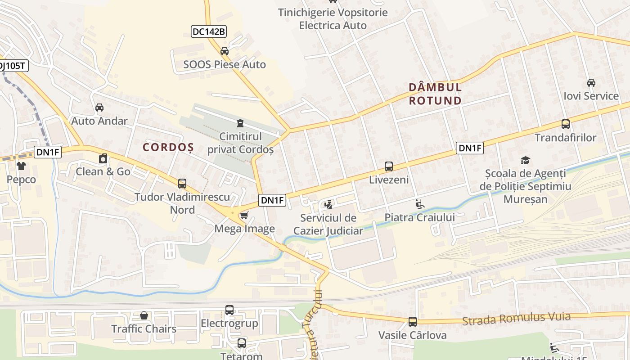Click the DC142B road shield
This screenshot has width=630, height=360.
(209, 31)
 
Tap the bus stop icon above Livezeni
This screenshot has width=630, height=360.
(389, 166)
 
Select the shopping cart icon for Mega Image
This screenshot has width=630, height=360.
(244, 215)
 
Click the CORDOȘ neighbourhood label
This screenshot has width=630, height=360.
(168, 147)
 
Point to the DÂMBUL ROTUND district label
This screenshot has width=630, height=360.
(435, 94)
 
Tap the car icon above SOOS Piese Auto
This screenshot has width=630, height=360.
(225, 51)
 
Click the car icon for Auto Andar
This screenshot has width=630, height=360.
(99, 108)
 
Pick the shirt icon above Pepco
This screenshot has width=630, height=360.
(21, 166)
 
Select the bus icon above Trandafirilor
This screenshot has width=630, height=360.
(566, 124)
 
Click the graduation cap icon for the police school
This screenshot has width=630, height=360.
(525, 160)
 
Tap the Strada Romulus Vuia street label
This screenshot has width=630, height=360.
(517, 319)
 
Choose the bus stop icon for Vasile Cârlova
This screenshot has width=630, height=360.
(413, 322)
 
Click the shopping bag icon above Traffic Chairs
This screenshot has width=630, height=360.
(144, 315)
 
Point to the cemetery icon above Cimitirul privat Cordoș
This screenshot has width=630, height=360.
(240, 123)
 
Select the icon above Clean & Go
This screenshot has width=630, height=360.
(103, 158)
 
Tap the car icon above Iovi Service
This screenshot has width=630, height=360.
(591, 83)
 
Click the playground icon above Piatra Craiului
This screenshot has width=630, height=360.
(419, 204)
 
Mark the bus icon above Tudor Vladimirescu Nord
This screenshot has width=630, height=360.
(182, 184)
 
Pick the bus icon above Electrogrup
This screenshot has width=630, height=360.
(229, 310)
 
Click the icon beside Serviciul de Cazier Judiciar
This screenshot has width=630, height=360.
(328, 205)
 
